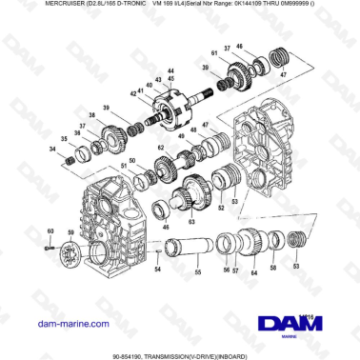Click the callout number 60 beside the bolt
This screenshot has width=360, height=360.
(x=50, y=230)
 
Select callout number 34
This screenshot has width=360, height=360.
(x=52, y=150)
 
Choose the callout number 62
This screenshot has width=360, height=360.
(x=162, y=149)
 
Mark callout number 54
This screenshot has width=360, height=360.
(x=158, y=270)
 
